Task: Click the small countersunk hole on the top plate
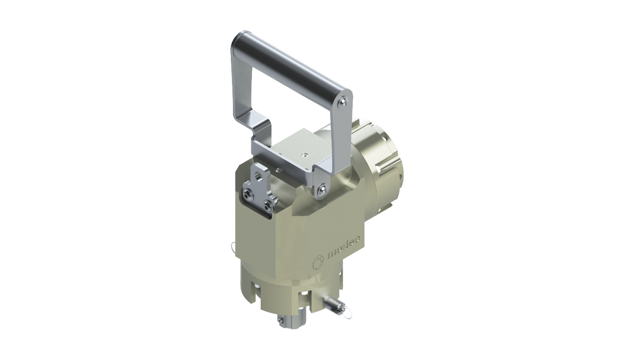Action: click(304, 155)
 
